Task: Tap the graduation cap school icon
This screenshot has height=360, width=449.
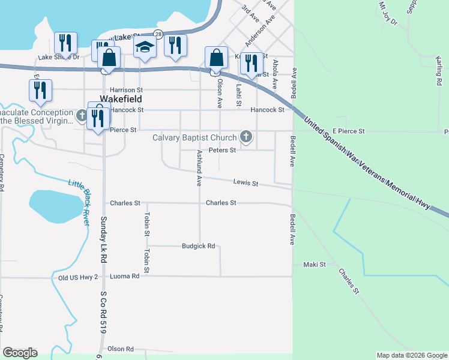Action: pyautogui.click(x=145, y=47)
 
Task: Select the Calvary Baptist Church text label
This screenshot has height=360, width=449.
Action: pyautogui.click(x=194, y=138)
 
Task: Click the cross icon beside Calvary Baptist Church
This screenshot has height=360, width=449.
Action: pyautogui.click(x=246, y=137)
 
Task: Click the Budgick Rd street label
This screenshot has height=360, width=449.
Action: pyautogui.click(x=199, y=246)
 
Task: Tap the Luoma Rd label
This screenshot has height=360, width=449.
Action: pyautogui.click(x=125, y=276)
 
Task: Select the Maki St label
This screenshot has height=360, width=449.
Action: pyautogui.click(x=314, y=264)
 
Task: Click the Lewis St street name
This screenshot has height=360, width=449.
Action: pyautogui.click(x=246, y=183)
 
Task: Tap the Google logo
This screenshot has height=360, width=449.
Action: pyautogui.click(x=20, y=353)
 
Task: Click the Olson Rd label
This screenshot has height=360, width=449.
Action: pyautogui.click(x=120, y=349)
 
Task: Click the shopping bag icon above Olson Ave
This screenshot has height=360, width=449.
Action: pyautogui.click(x=216, y=58)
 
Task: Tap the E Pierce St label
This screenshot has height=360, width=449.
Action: pyautogui.click(x=348, y=131)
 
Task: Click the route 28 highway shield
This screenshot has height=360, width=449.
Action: pyautogui.click(x=157, y=35)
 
